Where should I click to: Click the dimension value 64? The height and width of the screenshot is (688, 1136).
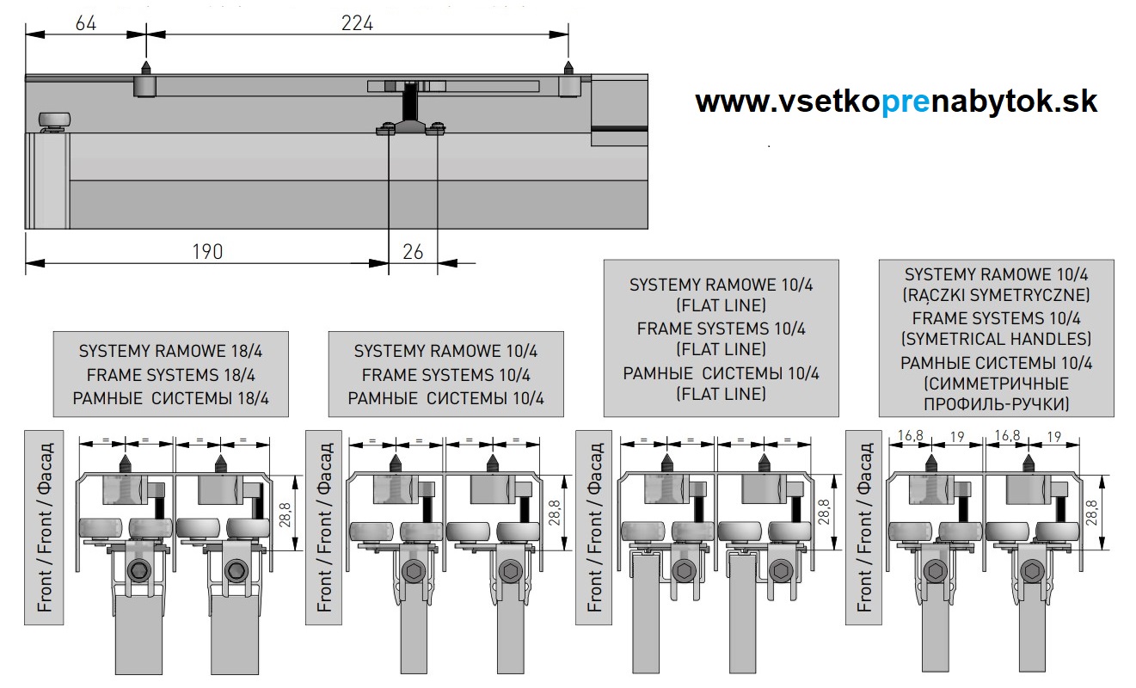(x=86, y=23)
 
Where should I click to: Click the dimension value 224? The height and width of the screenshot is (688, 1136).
(x=357, y=23)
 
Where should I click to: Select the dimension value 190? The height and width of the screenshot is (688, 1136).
(x=207, y=251)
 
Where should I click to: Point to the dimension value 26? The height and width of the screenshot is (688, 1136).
(x=413, y=251)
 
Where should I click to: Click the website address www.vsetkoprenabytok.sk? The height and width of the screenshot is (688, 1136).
(x=896, y=101)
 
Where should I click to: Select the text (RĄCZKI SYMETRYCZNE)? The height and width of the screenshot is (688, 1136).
(x=997, y=295)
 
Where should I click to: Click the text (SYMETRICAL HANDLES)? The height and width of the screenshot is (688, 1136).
(x=997, y=338)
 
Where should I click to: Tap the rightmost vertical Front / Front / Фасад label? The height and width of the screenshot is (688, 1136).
(x=865, y=526)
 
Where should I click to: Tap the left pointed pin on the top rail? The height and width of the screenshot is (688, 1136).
(x=146, y=67)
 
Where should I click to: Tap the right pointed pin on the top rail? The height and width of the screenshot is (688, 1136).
(x=567, y=67)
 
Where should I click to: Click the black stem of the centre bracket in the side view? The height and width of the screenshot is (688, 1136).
(x=411, y=103)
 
